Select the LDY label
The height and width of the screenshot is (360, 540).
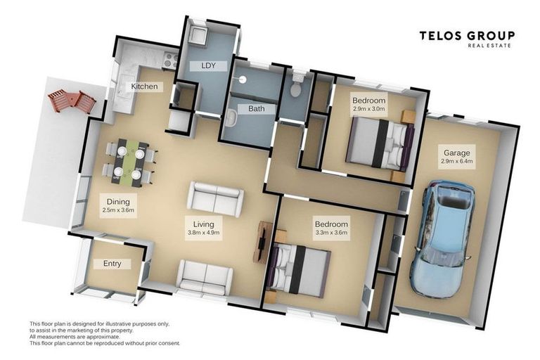pos(208,65)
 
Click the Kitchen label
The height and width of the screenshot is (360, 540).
pos(144,86)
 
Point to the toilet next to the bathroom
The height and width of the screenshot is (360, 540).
pos(296,85)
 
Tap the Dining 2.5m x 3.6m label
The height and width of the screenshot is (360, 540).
pos(118,205)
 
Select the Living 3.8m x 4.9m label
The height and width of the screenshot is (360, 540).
pos(203,228)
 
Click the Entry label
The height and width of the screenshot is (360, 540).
pos(112,264)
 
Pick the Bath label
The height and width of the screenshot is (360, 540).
pos(257,109)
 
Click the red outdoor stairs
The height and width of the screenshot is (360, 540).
pos(72,101)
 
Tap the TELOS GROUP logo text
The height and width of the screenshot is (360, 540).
pos(467,36)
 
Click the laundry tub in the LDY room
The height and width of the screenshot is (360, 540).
pos(198,34)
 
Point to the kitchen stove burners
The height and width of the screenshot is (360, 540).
pos(171,60)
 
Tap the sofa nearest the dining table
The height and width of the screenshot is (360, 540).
pos(215,199)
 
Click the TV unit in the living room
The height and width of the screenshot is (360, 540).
pos(264,242)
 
